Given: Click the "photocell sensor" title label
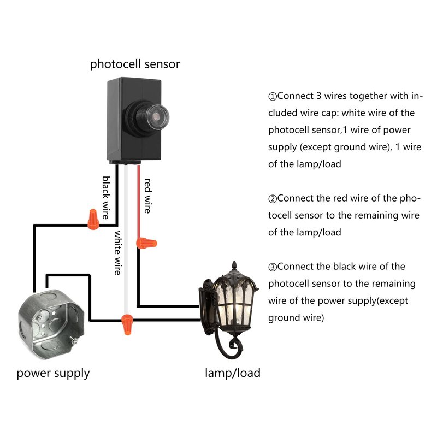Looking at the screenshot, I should coord(135,64).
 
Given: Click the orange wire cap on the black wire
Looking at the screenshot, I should coord(93,220).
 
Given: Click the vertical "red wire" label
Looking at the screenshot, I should coord(147,196).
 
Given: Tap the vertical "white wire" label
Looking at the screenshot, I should coord(117,252).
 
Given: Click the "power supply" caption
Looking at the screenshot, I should coord(53,374).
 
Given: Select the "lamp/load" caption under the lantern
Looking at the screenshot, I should coord(233,374).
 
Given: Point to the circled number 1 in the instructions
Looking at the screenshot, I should coord(273,97).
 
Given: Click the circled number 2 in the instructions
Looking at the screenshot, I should coord(273,199).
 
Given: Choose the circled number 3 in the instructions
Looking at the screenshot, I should coord(273,267).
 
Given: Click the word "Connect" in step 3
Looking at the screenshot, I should coord(294,267).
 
